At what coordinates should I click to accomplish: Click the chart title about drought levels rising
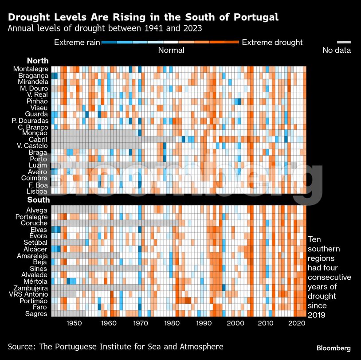click(143, 17)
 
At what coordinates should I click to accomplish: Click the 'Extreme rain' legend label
click(76, 43)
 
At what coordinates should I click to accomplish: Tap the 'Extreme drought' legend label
click(272, 43)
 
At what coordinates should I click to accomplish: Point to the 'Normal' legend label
click(171, 51)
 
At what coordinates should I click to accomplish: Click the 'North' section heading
click(38, 61)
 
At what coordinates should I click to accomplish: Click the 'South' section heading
click(39, 200)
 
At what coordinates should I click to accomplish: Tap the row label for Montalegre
click(31, 69)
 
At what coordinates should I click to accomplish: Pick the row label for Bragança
click(33, 76)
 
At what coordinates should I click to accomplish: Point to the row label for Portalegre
click(31, 217)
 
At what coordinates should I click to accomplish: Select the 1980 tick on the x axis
click(172, 324)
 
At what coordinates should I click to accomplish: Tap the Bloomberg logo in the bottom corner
click(333, 348)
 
